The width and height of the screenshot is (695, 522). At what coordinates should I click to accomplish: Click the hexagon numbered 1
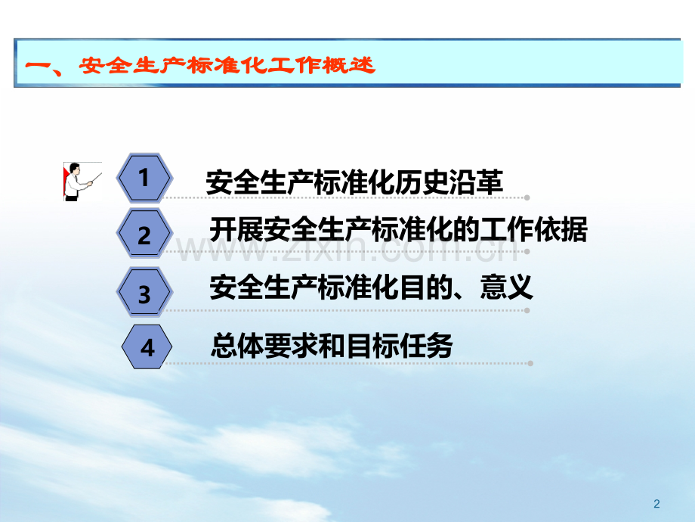pos(144,178)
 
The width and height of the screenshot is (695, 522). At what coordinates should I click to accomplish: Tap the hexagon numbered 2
pos(144,234)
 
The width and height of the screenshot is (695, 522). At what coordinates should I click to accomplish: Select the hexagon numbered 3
pos(144,293)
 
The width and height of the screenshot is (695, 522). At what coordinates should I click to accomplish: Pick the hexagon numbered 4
pos(147,346)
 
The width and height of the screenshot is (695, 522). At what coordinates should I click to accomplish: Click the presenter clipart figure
pos(82,182)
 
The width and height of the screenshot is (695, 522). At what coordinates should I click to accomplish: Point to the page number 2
pos(656,504)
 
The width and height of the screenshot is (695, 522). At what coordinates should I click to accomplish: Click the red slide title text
pos(200,66)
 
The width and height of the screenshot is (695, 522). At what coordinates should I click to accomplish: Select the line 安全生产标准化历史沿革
pos(354,182)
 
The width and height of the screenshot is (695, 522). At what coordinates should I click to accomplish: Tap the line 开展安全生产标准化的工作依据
pos(398,229)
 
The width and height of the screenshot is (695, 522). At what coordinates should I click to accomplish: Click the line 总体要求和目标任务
pos(332,345)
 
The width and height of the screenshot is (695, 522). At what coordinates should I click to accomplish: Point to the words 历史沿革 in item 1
pos(449,182)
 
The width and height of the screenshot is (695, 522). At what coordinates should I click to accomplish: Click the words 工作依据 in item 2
pos(533,229)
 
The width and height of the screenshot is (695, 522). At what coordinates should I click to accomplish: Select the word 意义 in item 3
pos(506,287)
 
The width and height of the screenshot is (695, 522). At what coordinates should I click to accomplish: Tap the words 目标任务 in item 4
pos(399,345)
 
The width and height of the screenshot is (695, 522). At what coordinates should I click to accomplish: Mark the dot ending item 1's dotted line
pos(527,197)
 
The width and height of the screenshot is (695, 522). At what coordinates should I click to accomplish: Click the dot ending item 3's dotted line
pos(527,310)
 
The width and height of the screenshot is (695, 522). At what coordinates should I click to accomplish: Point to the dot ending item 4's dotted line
pos(530,364)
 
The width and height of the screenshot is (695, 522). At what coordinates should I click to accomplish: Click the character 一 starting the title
pos(37,66)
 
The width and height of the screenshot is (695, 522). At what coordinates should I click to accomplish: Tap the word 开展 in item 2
pos(236,229)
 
